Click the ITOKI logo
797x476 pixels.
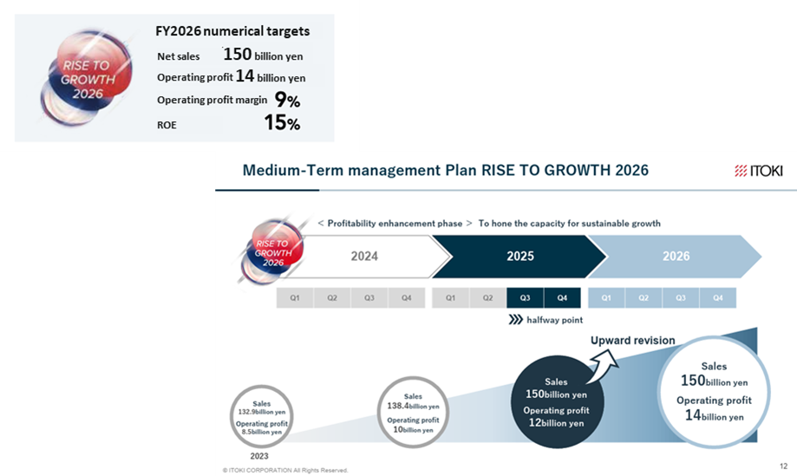pyautogui.click(x=758, y=171)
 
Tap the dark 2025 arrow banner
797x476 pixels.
pyautogui.click(x=519, y=256)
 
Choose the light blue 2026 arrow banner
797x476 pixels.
pyautogui.click(x=675, y=256)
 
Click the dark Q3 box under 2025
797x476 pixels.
pyautogui.click(x=525, y=297)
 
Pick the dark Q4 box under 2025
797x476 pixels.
pyautogui.click(x=562, y=297)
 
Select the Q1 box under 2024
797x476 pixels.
pyautogui.click(x=295, y=297)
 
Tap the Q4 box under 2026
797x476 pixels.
pyautogui.click(x=718, y=297)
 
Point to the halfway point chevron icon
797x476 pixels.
pyautogui.click(x=515, y=320)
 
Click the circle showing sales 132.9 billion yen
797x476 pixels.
pyautogui.click(x=262, y=416)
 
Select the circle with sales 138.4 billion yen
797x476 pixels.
pyautogui.click(x=413, y=412)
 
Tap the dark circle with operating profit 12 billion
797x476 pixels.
pyautogui.click(x=557, y=401)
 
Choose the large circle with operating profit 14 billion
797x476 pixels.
pyautogui.click(x=714, y=392)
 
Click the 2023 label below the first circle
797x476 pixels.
pyautogui.click(x=259, y=456)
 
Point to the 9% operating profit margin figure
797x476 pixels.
pyautogui.click(x=287, y=100)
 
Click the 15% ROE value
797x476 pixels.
pyautogui.click(x=282, y=122)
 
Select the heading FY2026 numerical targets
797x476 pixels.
pyautogui.click(x=232, y=31)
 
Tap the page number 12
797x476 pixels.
pyautogui.click(x=783, y=466)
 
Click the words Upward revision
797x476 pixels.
pyautogui.click(x=633, y=341)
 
